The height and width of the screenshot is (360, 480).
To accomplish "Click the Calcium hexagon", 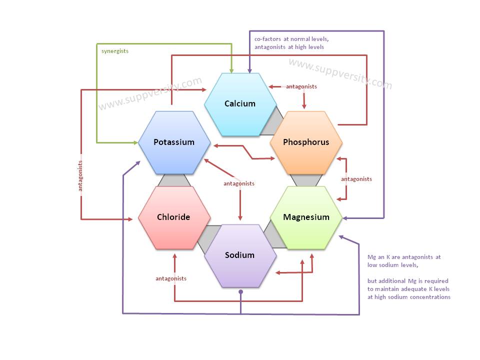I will (240, 104).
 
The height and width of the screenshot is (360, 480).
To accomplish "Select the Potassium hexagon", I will (174, 142).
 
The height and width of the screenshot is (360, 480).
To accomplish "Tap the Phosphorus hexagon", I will (306, 142).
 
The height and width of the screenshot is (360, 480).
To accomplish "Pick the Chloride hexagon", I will (173, 217).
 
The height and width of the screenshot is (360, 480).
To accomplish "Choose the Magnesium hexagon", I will (306, 217).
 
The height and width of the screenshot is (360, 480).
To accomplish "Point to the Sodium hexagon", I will (240, 255).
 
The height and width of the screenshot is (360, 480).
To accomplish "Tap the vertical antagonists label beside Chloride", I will (80, 176).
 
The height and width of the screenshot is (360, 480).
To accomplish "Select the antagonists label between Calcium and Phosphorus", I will (301, 86).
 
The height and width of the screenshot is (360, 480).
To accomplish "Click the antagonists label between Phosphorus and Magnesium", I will (356, 179).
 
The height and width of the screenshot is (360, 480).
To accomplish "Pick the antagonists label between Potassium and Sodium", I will (238, 183).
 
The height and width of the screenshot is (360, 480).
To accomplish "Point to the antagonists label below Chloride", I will (171, 278).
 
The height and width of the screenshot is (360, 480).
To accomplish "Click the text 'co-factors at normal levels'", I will (291, 38).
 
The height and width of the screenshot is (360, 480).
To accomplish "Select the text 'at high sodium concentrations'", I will (408, 297).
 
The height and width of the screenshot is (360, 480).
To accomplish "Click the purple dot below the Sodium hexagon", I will (240, 291).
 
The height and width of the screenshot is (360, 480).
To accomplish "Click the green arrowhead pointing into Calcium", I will (231, 69).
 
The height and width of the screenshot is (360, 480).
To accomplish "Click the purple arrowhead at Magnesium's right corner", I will (345, 218).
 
